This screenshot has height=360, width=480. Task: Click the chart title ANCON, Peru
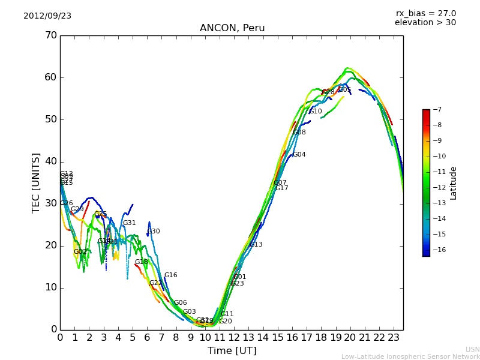(x=232, y=28)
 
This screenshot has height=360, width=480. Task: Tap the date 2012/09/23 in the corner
(x=47, y=16)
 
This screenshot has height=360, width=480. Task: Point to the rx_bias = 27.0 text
(x=425, y=14)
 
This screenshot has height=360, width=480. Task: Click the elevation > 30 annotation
(x=425, y=23)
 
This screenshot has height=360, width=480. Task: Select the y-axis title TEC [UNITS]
(x=36, y=182)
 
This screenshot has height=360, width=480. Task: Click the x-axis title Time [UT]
(x=232, y=351)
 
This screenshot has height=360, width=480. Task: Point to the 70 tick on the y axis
(x=50, y=35)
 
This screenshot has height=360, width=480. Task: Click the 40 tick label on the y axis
(x=50, y=161)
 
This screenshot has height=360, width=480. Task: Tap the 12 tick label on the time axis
(x=234, y=337)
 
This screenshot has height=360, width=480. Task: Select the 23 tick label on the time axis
(x=394, y=337)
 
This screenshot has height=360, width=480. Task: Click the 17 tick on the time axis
(x=307, y=337)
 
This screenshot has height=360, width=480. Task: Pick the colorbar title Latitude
(x=454, y=183)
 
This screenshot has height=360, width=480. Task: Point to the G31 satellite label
(x=130, y=223)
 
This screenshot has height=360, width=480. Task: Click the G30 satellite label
(x=154, y=232)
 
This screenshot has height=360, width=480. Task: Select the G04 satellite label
(x=299, y=155)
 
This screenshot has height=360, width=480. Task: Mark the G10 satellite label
(x=316, y=112)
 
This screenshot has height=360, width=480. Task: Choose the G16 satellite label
(x=171, y=275)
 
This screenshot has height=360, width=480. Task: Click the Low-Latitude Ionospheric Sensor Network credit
(x=410, y=357)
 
